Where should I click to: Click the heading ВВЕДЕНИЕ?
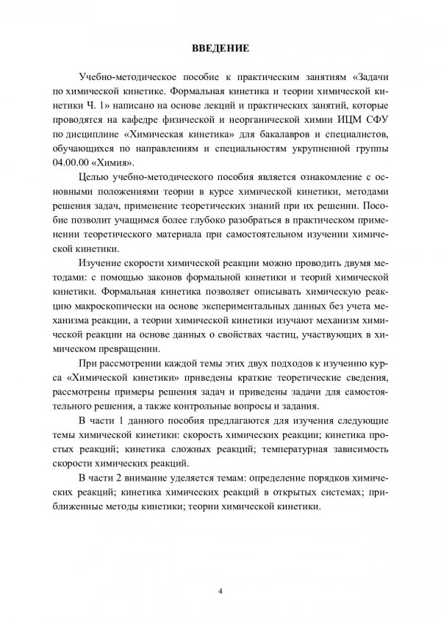pos(220,50)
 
